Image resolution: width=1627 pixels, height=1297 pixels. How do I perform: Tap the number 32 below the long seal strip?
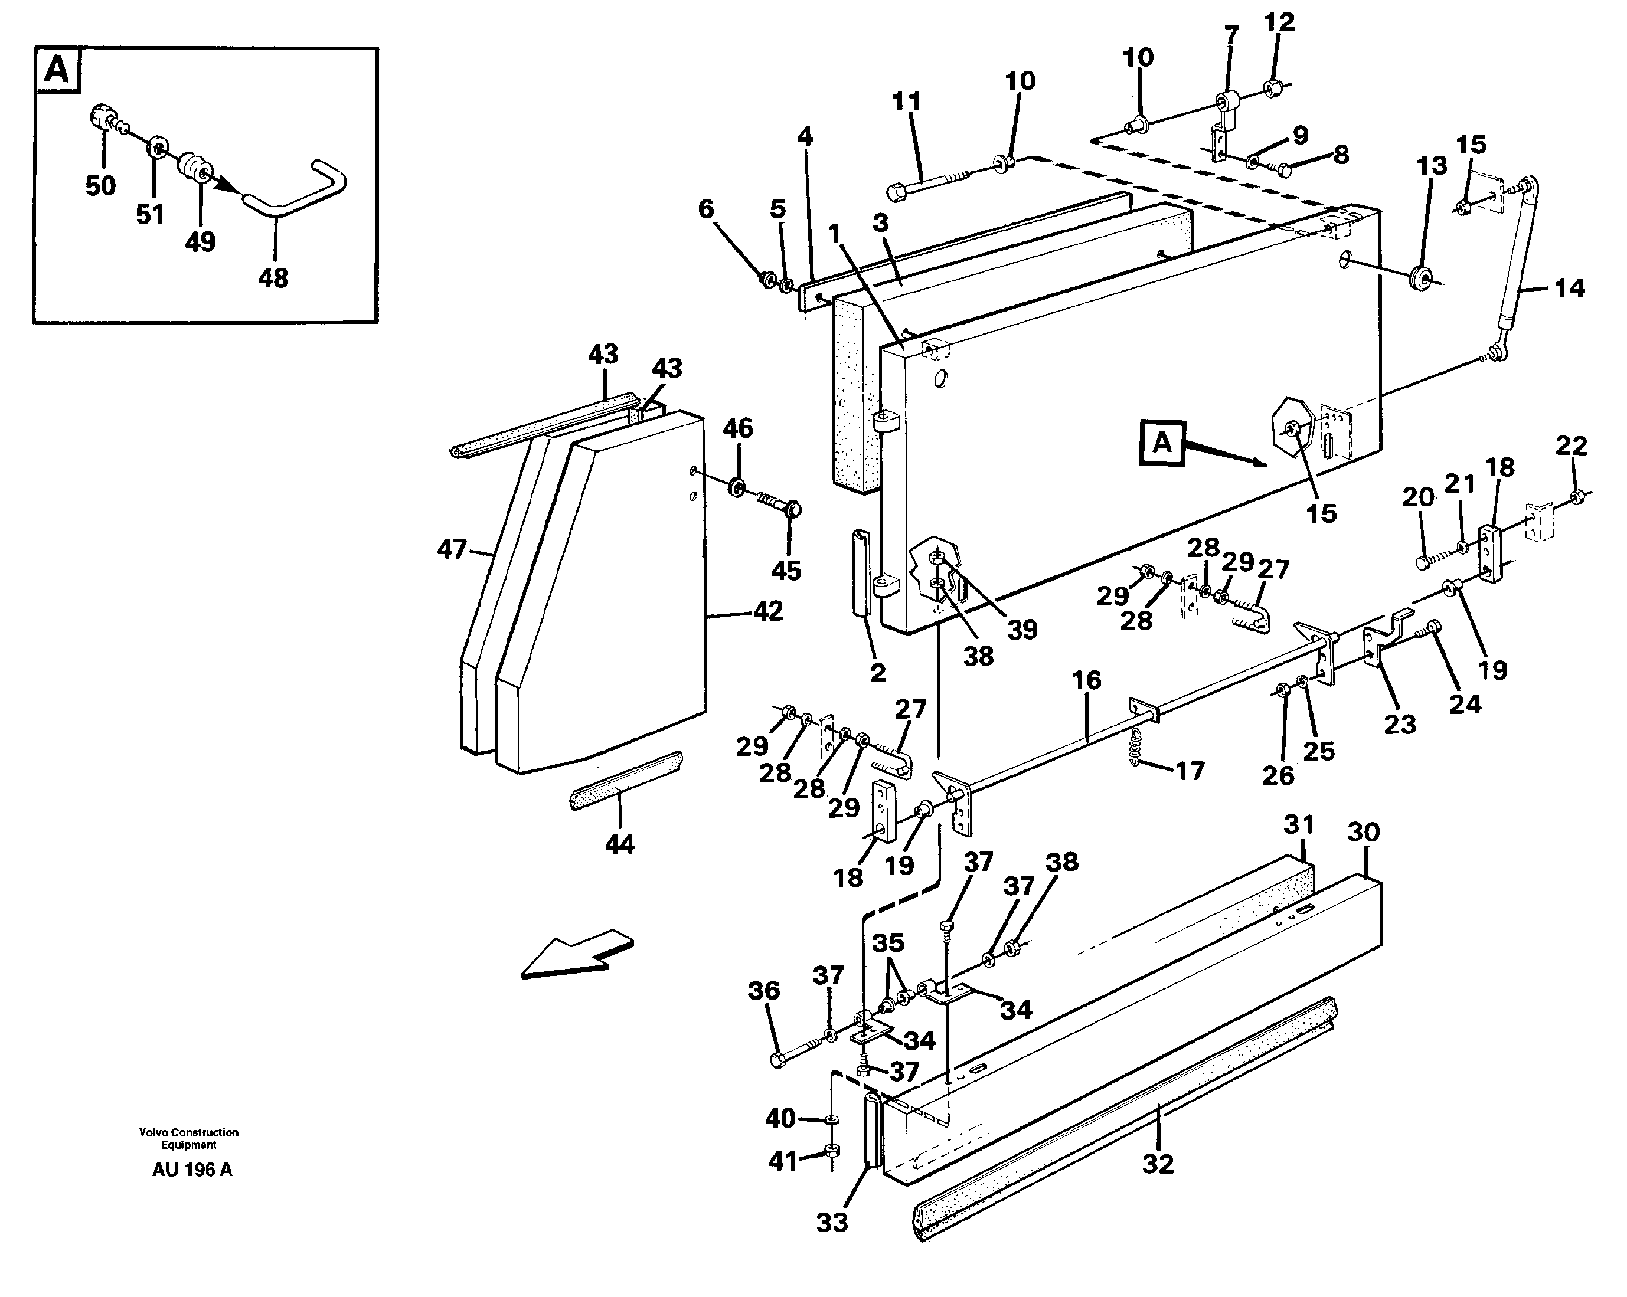click(x=1158, y=1164)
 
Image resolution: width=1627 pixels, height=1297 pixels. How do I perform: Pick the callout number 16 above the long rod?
click(x=1087, y=680)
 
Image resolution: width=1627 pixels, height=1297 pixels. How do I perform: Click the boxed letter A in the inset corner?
click(x=57, y=71)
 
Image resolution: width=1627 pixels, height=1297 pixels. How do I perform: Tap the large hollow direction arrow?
click(x=577, y=956)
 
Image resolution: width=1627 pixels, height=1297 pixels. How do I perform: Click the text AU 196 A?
click(x=192, y=1170)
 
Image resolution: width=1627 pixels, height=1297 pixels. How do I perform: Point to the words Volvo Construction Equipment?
click(x=189, y=1138)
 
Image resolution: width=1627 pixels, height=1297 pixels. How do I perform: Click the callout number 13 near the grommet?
click(x=1432, y=165)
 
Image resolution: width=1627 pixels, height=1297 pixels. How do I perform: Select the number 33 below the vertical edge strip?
click(x=832, y=1222)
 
